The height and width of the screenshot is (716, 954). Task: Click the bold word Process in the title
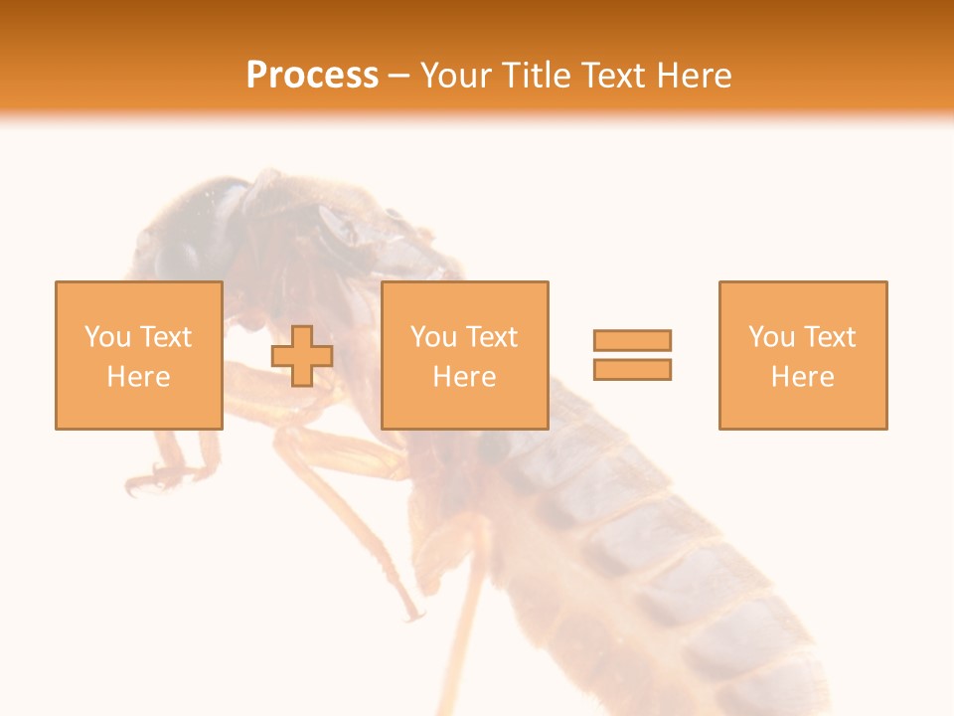[x=312, y=76]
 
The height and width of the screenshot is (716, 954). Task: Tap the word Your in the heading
[x=458, y=76]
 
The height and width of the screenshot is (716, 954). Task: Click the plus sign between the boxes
[x=302, y=355]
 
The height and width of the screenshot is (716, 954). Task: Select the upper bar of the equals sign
[x=632, y=340]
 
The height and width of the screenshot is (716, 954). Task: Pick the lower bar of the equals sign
[x=632, y=369]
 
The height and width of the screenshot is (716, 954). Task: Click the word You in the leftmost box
[x=106, y=337]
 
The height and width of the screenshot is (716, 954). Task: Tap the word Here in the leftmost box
[x=138, y=377]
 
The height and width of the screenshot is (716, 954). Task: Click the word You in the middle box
[x=433, y=337]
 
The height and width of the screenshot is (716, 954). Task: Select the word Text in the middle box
[x=491, y=337]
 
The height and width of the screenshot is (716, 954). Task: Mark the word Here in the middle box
[x=464, y=377]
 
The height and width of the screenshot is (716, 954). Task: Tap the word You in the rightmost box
[x=771, y=337]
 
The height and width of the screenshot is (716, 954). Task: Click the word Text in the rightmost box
[x=829, y=337]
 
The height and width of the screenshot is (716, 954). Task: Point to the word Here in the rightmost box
[x=802, y=377]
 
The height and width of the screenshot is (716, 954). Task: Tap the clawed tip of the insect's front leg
[x=144, y=482]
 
